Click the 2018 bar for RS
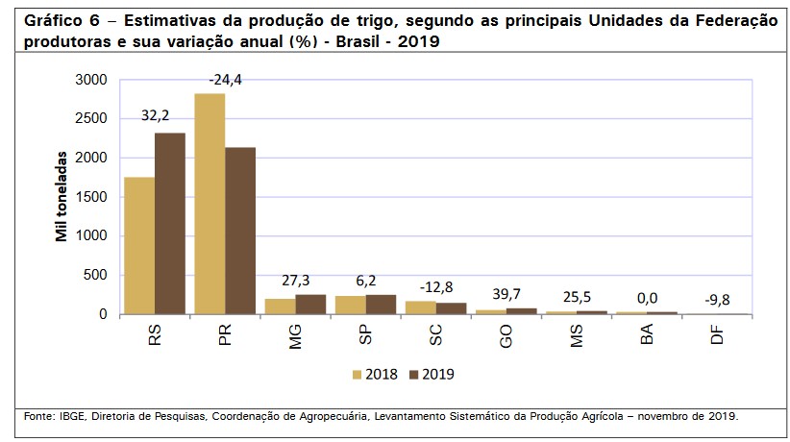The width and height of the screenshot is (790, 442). [139, 246]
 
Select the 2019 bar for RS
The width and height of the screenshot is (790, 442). [169, 224]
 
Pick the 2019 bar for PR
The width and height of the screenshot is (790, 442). [240, 231]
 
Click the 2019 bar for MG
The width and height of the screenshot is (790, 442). [310, 305]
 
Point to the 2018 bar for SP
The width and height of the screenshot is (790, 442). [350, 305]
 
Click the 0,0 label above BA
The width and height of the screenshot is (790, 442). [646, 297]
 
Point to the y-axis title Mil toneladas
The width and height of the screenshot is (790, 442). [62, 196]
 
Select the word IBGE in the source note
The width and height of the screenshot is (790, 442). [72, 416]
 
